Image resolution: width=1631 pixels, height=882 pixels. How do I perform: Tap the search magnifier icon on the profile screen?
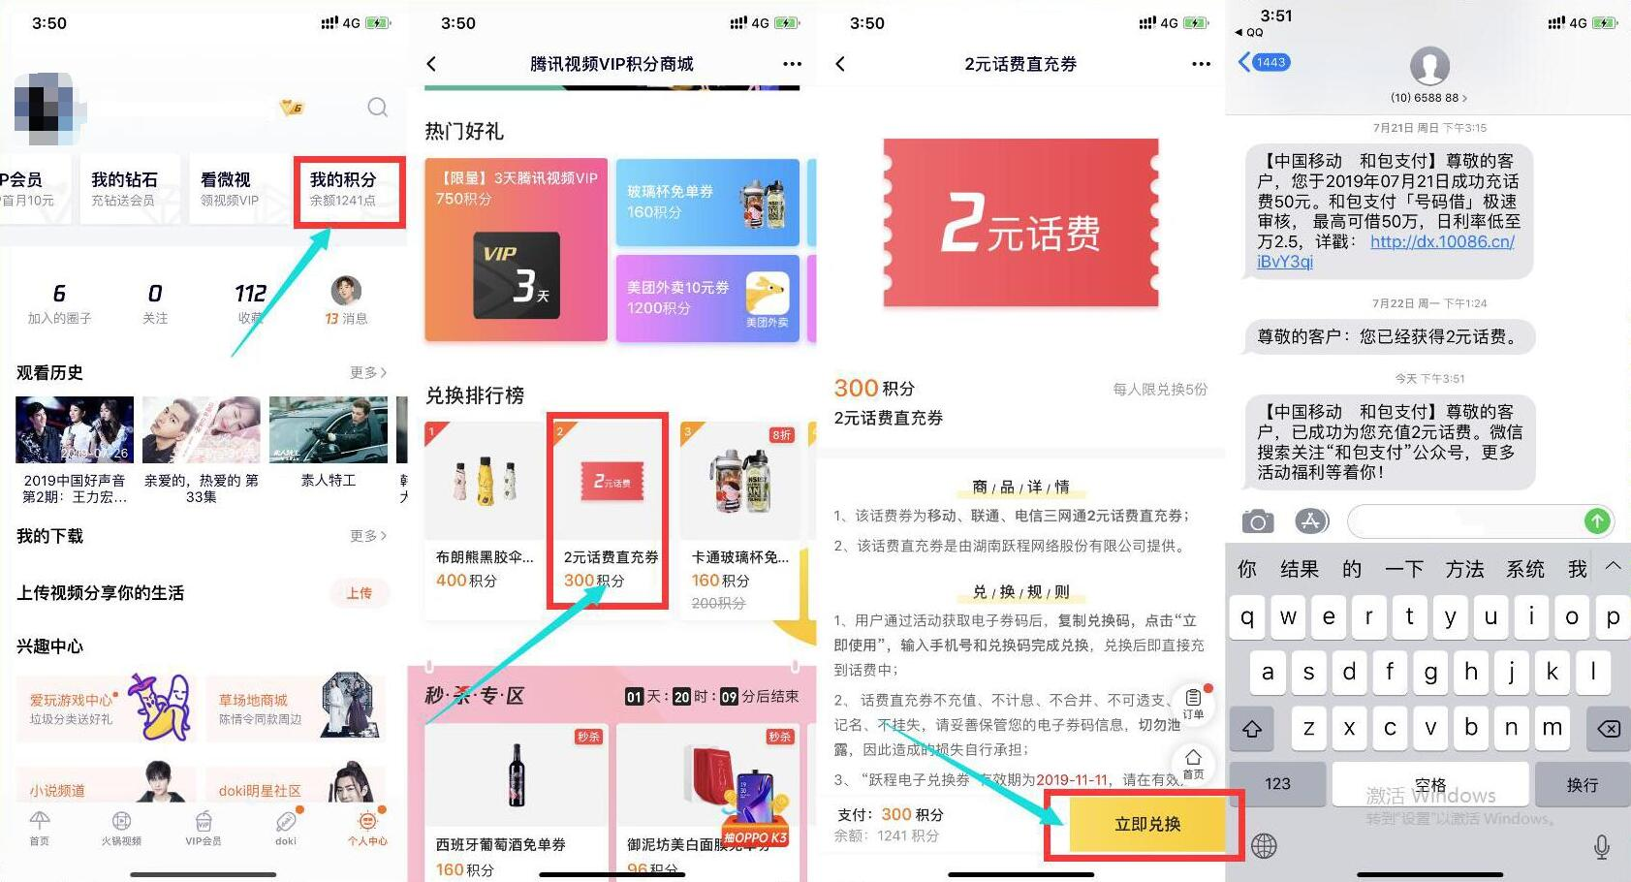point(377,108)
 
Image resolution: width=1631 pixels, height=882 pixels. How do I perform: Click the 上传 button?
point(359,593)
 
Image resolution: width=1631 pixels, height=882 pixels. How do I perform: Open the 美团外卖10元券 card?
point(707,298)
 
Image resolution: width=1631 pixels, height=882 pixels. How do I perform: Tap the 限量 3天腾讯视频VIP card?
point(516,249)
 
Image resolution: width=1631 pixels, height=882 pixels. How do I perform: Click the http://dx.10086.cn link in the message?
point(1441,242)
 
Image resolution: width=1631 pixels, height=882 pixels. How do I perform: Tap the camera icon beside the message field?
point(1257,521)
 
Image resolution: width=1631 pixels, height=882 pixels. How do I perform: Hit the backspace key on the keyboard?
point(1608,729)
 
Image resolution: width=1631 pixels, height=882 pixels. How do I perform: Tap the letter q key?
point(1247,617)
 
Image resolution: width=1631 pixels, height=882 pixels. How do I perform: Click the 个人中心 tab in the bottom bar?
point(367,828)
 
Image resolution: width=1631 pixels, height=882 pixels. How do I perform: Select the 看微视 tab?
point(231,189)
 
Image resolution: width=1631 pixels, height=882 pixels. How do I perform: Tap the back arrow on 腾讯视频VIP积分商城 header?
point(432,64)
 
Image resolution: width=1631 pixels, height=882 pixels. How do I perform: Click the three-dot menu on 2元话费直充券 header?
point(1201,64)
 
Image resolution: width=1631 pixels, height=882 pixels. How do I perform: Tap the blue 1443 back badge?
point(1265,62)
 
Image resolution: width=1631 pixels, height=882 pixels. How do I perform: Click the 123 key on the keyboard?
point(1277,783)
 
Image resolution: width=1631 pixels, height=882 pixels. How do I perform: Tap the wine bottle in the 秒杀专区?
point(516,775)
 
